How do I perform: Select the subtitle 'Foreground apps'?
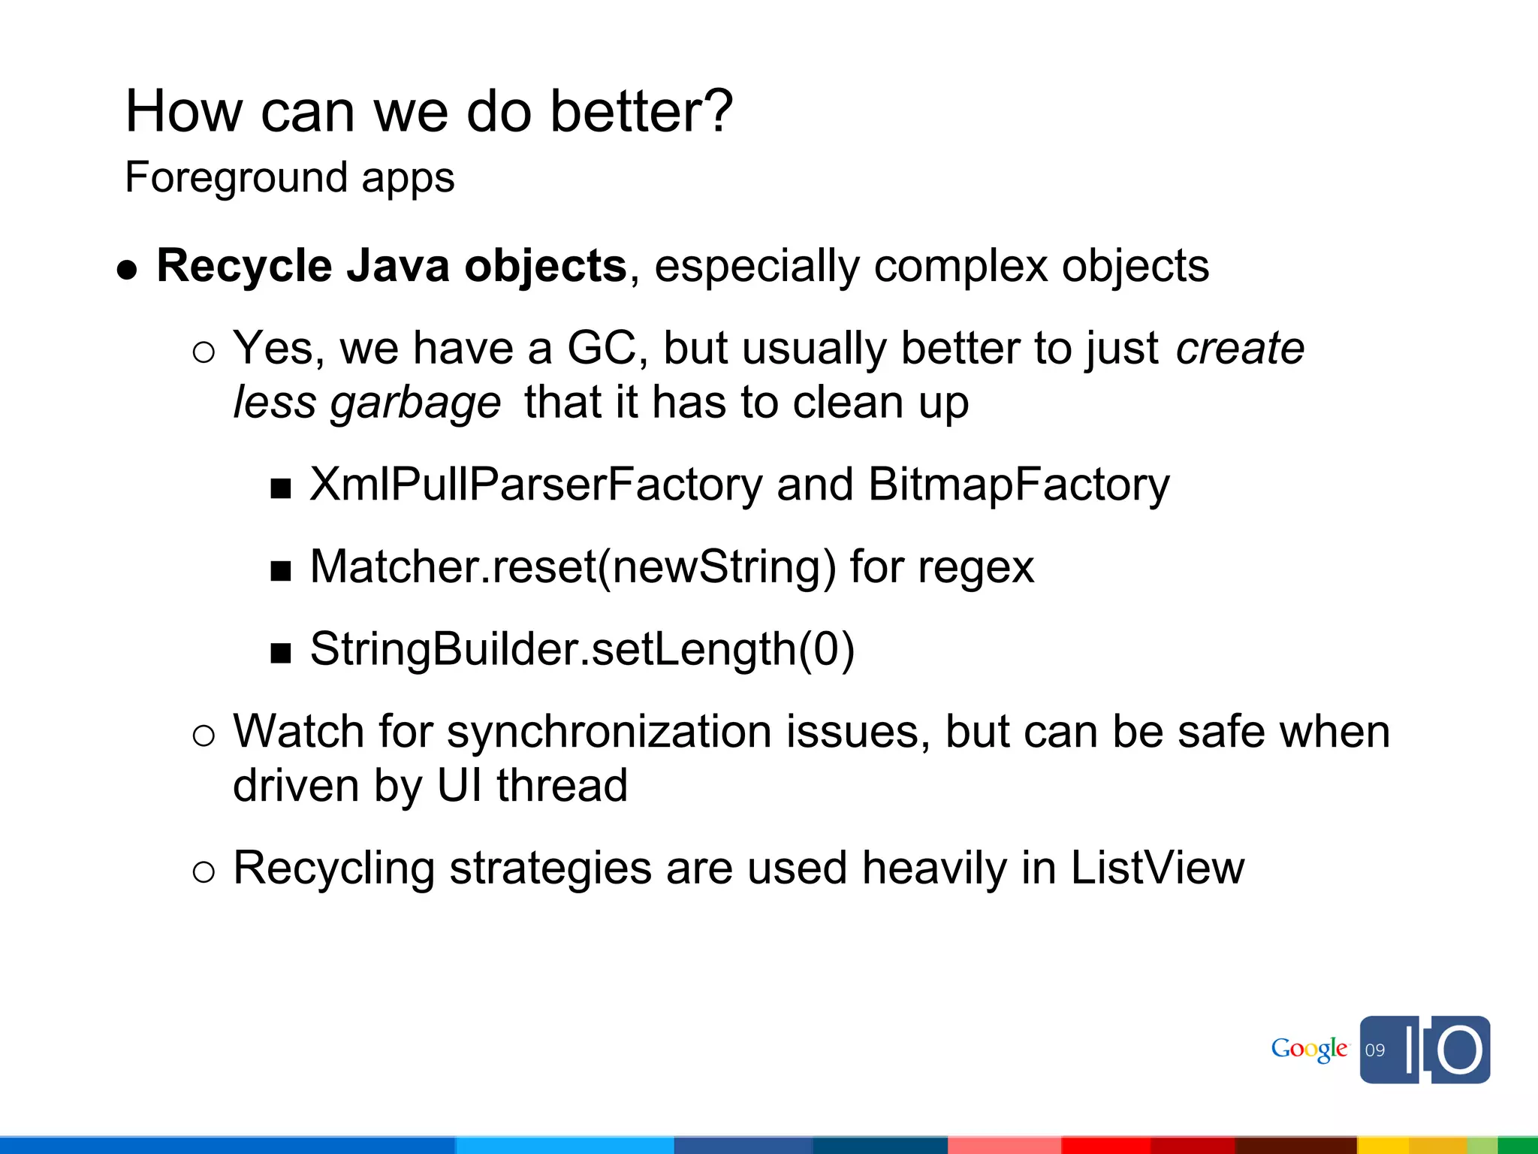(290, 178)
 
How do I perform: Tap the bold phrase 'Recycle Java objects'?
(391, 266)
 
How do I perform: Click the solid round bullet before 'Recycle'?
(128, 270)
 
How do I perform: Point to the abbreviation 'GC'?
(601, 349)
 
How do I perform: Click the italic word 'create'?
(1240, 349)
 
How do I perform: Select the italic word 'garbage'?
(415, 403)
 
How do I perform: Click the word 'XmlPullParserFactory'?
(536, 485)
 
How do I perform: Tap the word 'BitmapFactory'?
(1018, 485)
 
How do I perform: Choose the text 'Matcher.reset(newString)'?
(573, 566)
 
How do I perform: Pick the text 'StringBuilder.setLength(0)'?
(582, 649)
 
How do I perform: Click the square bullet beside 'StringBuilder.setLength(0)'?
(281, 654)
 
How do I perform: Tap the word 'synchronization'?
(609, 732)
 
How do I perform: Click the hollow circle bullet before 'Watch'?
(204, 736)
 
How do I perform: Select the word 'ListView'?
(1157, 868)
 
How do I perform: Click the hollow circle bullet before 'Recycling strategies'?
(204, 872)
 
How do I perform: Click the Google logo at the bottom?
(1309, 1050)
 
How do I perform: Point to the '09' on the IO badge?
(1375, 1050)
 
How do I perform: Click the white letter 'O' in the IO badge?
(1460, 1050)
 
